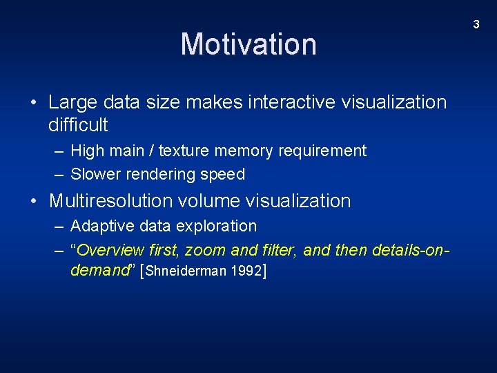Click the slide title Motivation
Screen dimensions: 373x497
248,44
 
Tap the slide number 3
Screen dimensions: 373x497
476,25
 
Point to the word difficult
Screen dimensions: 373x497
78,125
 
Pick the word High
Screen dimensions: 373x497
87,151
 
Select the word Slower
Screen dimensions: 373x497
94,174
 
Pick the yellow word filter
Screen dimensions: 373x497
277,249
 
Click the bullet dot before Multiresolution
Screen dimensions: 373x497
35,202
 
